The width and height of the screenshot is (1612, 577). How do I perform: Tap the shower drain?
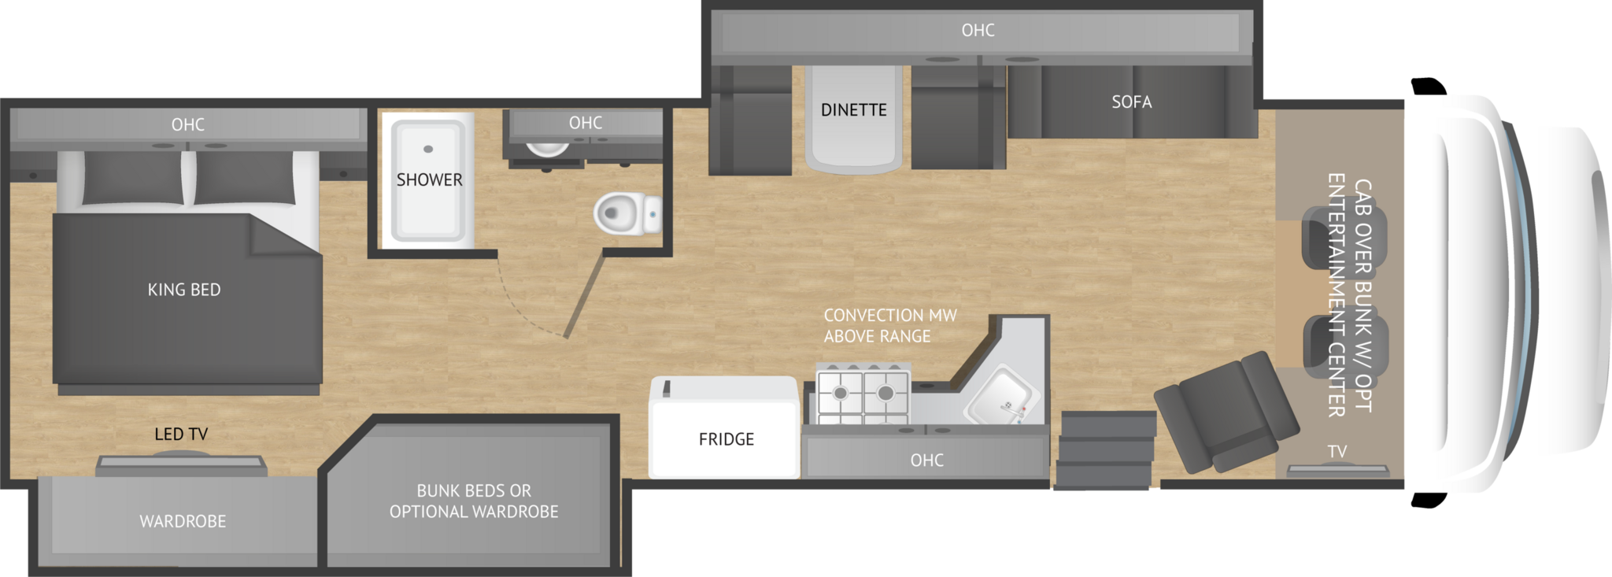tap(428, 149)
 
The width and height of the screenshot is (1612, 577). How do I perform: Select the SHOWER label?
tap(430, 180)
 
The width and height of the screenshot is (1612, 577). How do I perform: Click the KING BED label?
tap(184, 290)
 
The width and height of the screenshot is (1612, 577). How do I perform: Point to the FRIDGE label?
tap(727, 439)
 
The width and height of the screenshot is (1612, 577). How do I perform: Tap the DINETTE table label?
tap(854, 110)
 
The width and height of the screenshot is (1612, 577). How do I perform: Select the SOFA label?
tap(1132, 102)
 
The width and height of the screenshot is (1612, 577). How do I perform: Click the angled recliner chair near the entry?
tap(1226, 412)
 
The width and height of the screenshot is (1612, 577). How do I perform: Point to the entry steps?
tap(1105, 449)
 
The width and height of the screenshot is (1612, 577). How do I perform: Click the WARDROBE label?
tap(183, 521)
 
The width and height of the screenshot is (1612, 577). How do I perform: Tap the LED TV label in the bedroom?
tap(181, 434)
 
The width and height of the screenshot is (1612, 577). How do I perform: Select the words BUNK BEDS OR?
tap(474, 490)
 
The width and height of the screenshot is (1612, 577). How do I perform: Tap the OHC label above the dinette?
tap(978, 30)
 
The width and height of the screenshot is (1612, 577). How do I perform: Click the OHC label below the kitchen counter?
tap(927, 460)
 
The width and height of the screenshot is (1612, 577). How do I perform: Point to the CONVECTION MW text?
tap(890, 316)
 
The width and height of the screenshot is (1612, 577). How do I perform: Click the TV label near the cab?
tap(1337, 452)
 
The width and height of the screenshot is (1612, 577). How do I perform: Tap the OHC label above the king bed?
tap(188, 124)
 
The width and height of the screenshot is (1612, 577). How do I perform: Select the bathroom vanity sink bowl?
tap(547, 149)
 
